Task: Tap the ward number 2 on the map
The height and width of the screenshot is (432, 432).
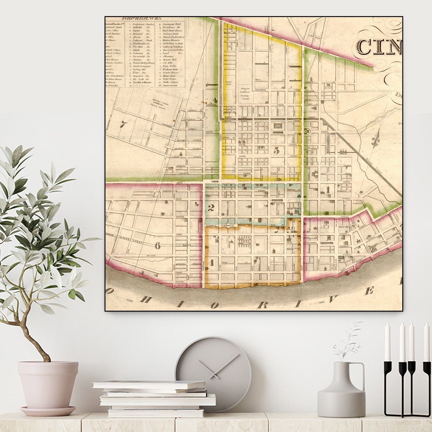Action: (x=211, y=208)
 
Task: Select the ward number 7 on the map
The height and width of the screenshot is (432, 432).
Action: (x=124, y=124)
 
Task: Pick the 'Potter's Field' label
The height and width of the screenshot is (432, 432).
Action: (x=229, y=83)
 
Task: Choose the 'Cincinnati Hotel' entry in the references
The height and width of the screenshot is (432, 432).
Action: (x=172, y=24)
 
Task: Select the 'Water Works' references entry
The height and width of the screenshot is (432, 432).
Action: (x=169, y=79)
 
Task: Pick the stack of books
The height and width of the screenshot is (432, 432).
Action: (x=154, y=399)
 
